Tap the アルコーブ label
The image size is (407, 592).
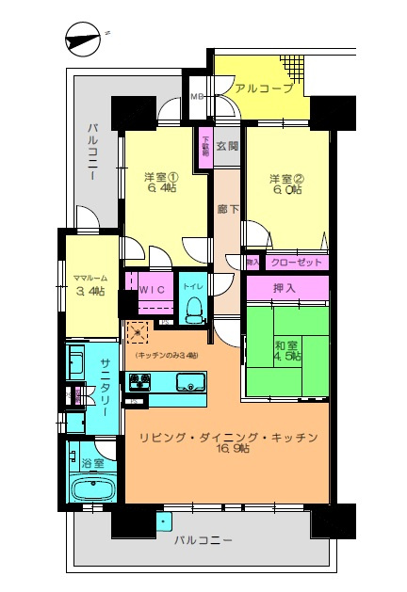click(x=264, y=88)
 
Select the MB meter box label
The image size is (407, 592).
click(x=197, y=96)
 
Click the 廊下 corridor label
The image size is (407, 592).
click(x=227, y=209)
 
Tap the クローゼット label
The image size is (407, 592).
click(x=296, y=263)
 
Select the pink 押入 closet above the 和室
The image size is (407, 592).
click(x=287, y=288)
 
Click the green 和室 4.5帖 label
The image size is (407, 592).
click(x=287, y=350)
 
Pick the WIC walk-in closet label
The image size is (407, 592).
click(x=153, y=291)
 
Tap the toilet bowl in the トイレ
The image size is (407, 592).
click(x=194, y=308)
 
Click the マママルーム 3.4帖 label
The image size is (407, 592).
click(x=91, y=284)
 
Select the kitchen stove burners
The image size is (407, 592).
click(x=141, y=382)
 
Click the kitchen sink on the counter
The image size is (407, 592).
click(x=191, y=382)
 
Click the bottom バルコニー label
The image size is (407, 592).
click(x=203, y=539)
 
